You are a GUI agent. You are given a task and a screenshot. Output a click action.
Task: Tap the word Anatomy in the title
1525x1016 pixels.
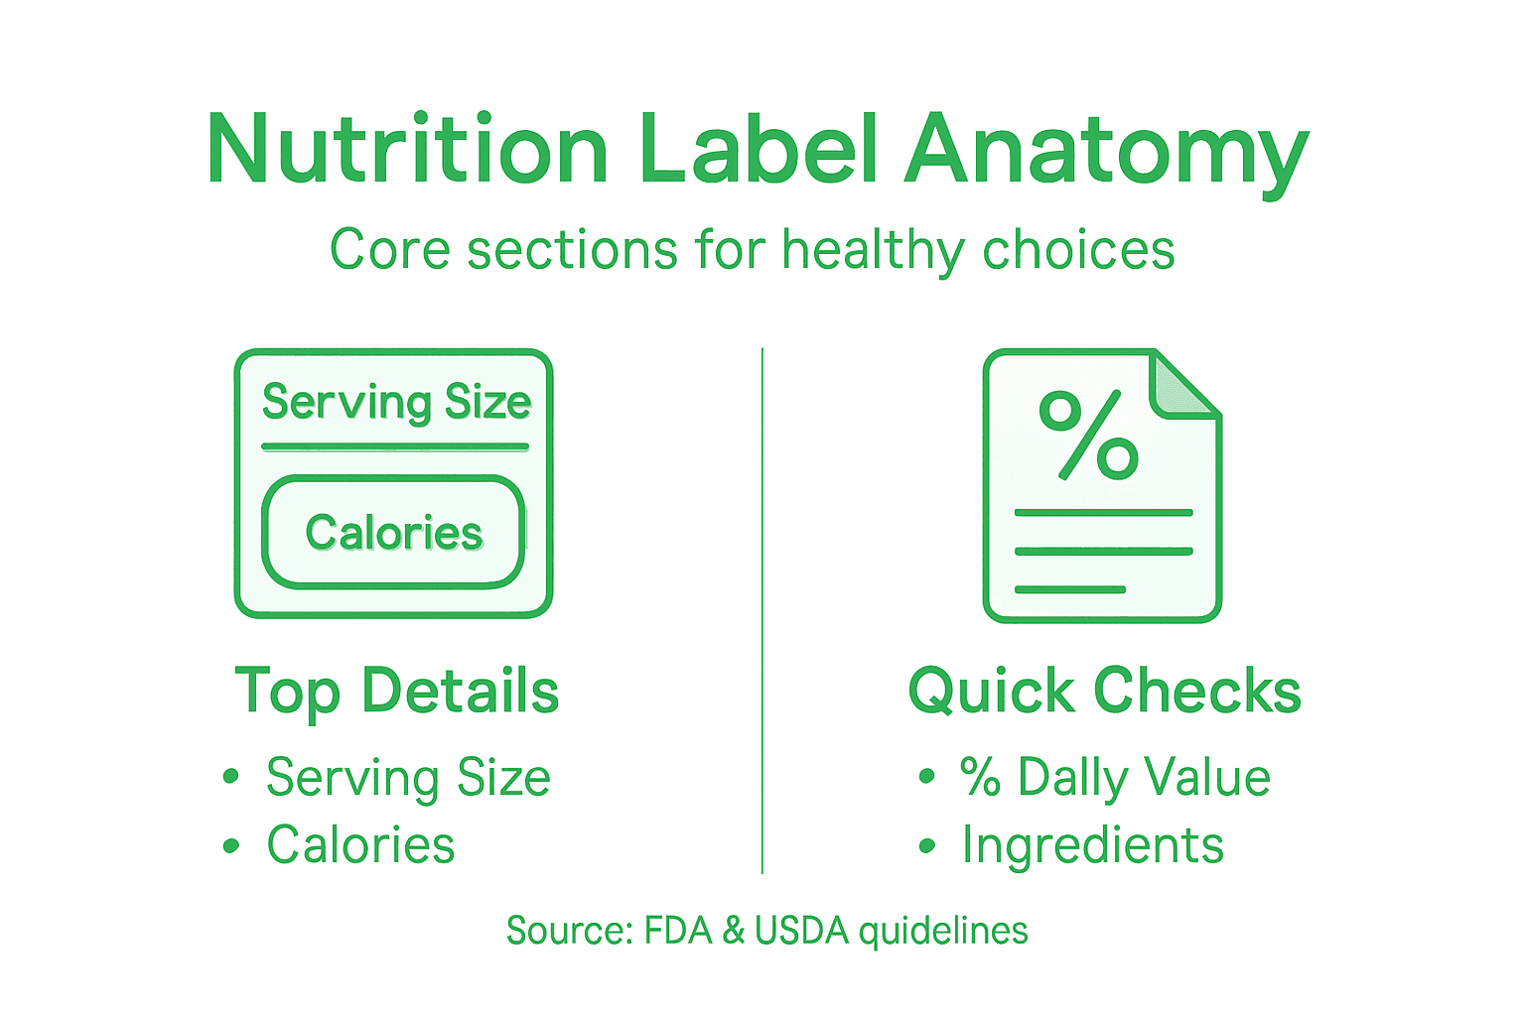[1106, 151]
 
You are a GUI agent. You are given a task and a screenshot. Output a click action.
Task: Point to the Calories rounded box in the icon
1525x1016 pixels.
[393, 533]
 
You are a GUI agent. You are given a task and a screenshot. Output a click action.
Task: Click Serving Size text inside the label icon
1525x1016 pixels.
[396, 402]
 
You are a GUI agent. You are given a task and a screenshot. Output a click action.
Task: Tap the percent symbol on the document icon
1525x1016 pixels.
[1088, 435]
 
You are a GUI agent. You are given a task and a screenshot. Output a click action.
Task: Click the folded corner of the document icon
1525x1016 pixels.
[1184, 385]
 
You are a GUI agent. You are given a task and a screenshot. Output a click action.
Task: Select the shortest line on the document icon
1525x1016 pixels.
[1069, 589]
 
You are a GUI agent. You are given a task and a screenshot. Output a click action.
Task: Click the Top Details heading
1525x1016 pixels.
[397, 691]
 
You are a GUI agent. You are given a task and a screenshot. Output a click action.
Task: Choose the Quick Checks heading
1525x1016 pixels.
[1104, 691]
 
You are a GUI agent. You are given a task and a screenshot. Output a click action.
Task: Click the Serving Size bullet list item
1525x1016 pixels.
[408, 777]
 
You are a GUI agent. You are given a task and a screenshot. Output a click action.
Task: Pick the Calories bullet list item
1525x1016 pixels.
[360, 845]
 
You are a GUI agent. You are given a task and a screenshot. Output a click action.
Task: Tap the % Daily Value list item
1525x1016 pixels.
[1114, 777]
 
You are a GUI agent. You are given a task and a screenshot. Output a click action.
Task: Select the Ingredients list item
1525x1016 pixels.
[1092, 845]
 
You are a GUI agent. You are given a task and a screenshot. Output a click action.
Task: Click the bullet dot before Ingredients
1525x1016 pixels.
[927, 846]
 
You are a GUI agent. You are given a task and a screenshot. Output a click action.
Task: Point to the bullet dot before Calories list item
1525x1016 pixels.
[231, 846]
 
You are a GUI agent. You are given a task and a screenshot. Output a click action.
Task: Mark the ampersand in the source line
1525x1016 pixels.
[734, 931]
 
